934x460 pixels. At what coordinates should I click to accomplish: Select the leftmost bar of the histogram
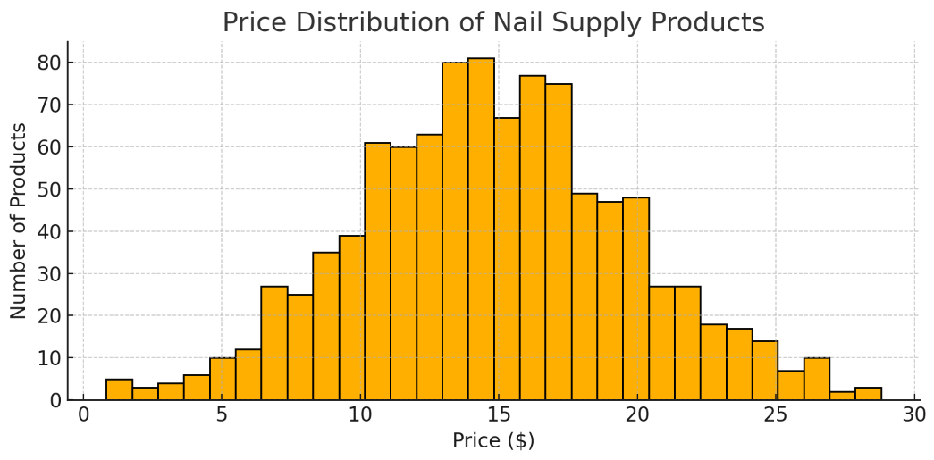point(119,389)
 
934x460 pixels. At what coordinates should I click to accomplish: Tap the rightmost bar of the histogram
point(868,394)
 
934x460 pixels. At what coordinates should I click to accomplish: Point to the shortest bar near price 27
point(842,396)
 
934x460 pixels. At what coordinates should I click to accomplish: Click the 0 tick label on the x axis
point(83,414)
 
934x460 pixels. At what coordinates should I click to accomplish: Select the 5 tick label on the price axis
point(222,414)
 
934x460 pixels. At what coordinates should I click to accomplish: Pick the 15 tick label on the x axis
point(499,414)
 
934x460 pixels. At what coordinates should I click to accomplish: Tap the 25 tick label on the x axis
point(776,414)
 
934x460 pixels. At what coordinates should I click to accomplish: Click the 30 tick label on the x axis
point(914,414)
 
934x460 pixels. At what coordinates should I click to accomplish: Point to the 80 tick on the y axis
point(48,63)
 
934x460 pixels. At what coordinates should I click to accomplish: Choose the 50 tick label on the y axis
point(48,189)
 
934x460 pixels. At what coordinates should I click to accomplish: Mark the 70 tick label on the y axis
point(48,105)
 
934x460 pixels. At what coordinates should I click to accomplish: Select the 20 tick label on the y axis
point(48,316)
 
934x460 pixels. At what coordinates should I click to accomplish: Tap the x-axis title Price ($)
point(493,440)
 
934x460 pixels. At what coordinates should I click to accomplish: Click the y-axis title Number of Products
point(19,221)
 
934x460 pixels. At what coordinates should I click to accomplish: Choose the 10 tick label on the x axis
point(360,414)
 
